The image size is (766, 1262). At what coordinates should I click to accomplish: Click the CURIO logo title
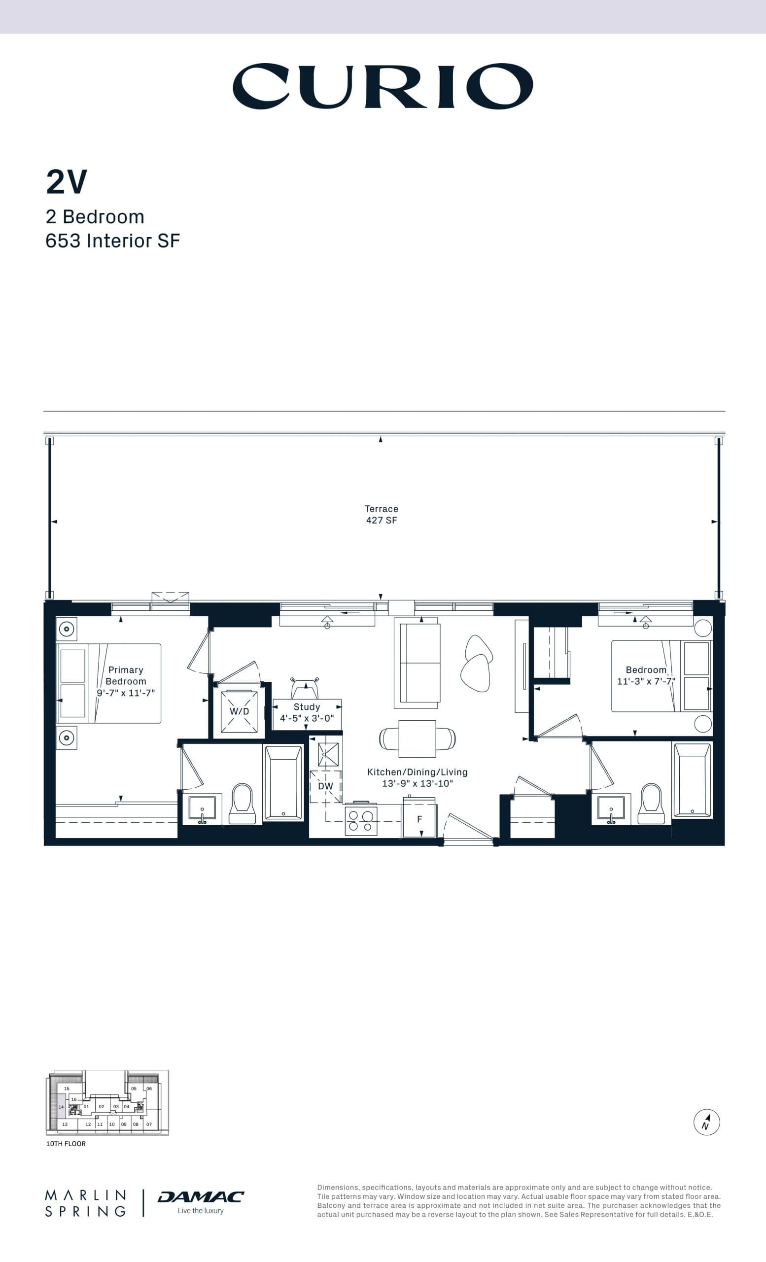[383, 86]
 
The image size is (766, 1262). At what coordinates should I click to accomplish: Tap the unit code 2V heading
[67, 182]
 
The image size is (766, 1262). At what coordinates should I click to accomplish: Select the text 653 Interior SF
[113, 241]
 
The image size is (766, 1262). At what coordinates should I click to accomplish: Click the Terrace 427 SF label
[382, 514]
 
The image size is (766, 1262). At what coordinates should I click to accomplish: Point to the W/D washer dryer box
[239, 711]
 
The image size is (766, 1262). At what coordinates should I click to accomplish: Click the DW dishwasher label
[326, 786]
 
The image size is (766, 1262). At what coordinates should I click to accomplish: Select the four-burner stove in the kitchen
[361, 820]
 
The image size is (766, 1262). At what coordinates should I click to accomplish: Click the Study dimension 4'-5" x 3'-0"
[307, 718]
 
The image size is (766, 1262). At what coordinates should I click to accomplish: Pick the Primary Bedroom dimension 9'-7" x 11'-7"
[126, 693]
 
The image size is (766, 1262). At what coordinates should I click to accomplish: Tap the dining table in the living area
[418, 738]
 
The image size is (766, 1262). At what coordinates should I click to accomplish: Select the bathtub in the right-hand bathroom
[692, 779]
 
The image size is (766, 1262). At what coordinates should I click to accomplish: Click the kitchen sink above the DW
[328, 754]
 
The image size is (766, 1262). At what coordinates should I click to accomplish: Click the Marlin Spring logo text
[85, 1203]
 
